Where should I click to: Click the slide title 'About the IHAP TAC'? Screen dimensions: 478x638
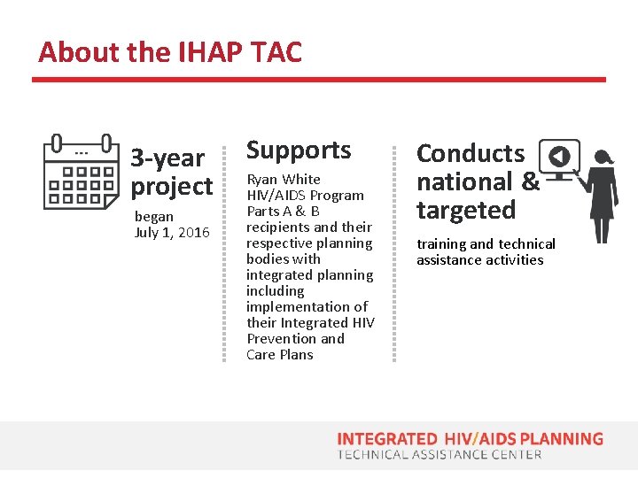[170, 52]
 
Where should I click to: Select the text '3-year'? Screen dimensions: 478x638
[167, 158]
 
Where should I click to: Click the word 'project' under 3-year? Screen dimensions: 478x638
[172, 187]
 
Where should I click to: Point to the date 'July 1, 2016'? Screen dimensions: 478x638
[172, 233]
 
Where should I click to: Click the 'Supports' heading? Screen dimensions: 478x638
[299, 150]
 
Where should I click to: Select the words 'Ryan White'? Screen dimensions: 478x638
[284, 180]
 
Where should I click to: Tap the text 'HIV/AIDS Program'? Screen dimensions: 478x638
[305, 196]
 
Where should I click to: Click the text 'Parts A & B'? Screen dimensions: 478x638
[283, 212]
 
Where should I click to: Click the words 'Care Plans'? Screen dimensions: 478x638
[280, 355]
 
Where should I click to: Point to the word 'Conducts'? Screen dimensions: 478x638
[471, 154]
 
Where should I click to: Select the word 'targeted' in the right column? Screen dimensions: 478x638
[466, 211]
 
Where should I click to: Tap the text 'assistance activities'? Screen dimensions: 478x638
[480, 260]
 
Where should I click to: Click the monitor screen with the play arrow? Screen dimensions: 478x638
[559, 157]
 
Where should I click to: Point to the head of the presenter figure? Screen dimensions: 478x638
[604, 157]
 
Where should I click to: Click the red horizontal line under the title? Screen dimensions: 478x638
[319, 80]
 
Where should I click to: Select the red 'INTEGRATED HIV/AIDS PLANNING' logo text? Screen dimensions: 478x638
[470, 439]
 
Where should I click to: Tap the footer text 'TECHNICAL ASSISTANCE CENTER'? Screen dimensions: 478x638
[440, 455]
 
